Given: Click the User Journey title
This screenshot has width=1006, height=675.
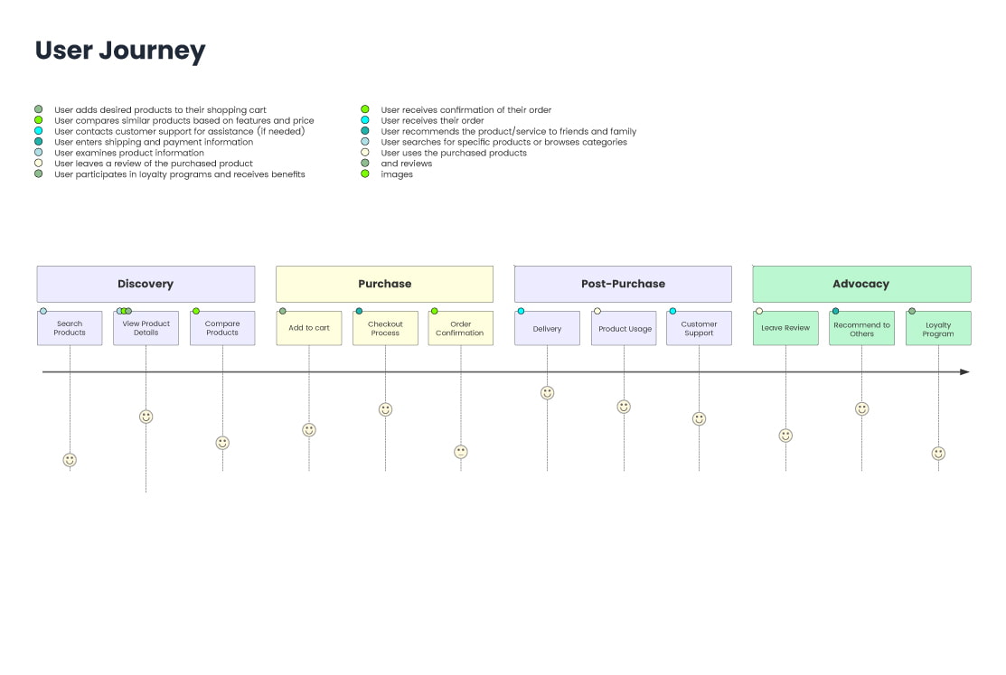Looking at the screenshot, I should pyautogui.click(x=120, y=51).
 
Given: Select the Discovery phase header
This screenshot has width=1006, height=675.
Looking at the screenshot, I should pyautogui.click(x=146, y=284).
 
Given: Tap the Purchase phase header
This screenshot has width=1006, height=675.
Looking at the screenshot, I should pyautogui.click(x=384, y=284).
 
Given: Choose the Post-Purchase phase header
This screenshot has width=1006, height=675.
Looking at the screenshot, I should pyautogui.click(x=623, y=284).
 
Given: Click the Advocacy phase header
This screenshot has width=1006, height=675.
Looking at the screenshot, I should pyautogui.click(x=861, y=284).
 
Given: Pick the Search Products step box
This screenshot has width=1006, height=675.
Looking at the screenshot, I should pyautogui.click(x=70, y=328).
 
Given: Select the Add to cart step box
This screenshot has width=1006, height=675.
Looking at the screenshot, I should pyautogui.click(x=309, y=328).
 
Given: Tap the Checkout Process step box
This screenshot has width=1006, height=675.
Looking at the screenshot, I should pyautogui.click(x=385, y=328).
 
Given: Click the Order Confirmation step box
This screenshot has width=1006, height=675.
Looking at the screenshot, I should pyautogui.click(x=461, y=328).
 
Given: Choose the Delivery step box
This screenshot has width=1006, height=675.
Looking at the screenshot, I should pyautogui.click(x=547, y=328).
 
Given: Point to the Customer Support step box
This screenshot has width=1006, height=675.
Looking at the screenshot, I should pyautogui.click(x=699, y=328).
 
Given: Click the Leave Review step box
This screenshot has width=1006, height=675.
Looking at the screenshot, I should pyautogui.click(x=785, y=328).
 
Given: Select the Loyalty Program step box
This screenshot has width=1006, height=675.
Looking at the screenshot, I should pyautogui.click(x=938, y=328).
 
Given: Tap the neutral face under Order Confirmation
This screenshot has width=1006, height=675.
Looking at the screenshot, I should pyautogui.click(x=461, y=452).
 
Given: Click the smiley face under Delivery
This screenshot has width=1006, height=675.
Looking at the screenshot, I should pyautogui.click(x=547, y=393).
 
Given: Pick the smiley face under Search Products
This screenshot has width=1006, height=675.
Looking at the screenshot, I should pyautogui.click(x=70, y=460).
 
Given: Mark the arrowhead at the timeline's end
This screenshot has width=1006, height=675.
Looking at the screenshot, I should pyautogui.click(x=964, y=371).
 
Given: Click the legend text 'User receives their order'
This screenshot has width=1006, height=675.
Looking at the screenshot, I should pyautogui.click(x=432, y=120).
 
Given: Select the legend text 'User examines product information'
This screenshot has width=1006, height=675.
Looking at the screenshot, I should pyautogui.click(x=129, y=153).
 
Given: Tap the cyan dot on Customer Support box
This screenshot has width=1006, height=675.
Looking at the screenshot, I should pyautogui.click(x=672, y=311).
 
